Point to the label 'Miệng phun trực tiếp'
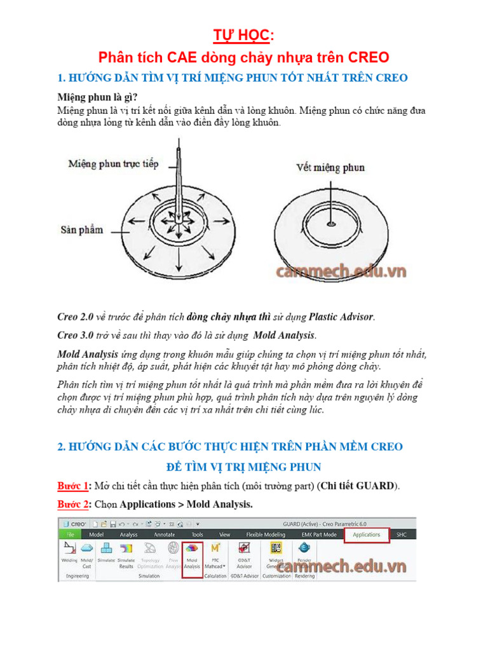tap(112, 164)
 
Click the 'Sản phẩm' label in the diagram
tap(82, 230)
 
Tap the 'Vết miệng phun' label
tap(330, 167)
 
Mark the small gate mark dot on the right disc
tap(330, 223)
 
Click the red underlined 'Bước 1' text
tap(73, 486)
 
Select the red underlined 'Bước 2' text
tap(73, 504)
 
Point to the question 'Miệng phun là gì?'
tap(97, 97)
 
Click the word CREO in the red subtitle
tap(369, 57)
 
